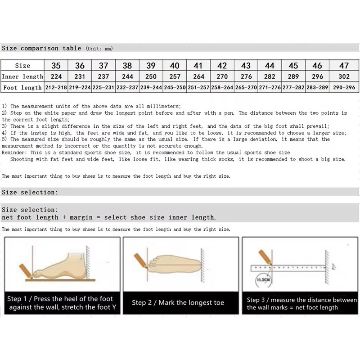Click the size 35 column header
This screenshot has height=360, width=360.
pos(57,66)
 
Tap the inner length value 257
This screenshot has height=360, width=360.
pos(175,76)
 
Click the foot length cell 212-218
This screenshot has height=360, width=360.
pos(57,88)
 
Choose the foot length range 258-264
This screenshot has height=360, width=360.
pos(222,88)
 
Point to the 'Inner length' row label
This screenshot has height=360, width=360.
pos(23,76)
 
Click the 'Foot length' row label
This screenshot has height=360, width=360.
pos(23,88)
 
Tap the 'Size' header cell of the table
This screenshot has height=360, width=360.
pos(23,66)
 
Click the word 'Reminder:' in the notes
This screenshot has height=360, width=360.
pos(16,153)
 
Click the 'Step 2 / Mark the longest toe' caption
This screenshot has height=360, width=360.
pos(178,303)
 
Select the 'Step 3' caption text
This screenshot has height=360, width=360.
pos(301,303)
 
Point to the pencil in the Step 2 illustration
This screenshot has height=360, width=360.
pos(139,261)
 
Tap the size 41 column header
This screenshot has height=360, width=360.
pos(198,66)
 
